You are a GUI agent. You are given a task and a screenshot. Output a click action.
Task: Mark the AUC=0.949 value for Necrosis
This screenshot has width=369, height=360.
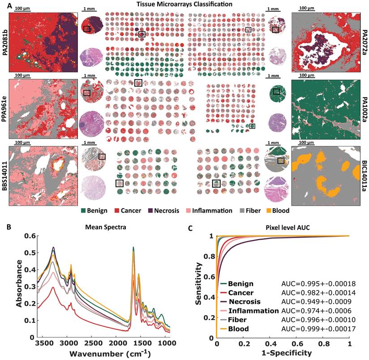(313, 301)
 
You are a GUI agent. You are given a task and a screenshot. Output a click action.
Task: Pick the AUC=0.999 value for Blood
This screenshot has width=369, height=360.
(313, 329)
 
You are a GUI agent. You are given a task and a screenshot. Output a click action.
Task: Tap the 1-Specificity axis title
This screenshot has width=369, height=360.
(283, 352)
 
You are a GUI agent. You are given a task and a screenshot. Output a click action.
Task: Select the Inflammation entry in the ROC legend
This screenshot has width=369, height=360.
(253, 311)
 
